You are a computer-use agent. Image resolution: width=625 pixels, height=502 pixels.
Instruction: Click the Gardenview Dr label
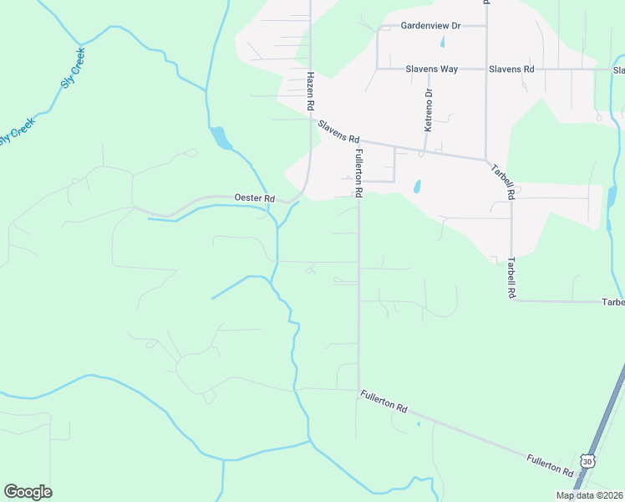(430, 26)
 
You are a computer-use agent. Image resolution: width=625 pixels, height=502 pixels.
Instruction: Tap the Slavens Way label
(431, 69)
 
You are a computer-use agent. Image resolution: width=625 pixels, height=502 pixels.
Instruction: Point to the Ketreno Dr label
(429, 110)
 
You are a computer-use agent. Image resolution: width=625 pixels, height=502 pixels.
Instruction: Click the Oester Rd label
(255, 198)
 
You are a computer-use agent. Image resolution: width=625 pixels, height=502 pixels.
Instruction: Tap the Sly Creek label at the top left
(73, 67)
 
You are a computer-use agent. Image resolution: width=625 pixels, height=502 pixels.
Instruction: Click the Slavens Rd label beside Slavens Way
(511, 69)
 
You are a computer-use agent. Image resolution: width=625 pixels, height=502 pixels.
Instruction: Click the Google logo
(28, 492)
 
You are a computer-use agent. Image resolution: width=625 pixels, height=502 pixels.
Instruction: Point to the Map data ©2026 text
(588, 495)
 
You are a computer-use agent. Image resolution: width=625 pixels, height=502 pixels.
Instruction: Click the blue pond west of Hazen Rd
(221, 137)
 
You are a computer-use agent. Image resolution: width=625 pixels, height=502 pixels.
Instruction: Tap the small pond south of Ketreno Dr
(417, 186)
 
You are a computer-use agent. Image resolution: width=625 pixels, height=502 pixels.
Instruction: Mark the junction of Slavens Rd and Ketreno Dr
(424, 151)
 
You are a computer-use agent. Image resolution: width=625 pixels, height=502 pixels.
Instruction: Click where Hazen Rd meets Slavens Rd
(311, 120)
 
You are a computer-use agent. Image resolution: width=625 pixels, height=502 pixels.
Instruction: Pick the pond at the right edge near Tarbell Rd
(612, 197)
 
